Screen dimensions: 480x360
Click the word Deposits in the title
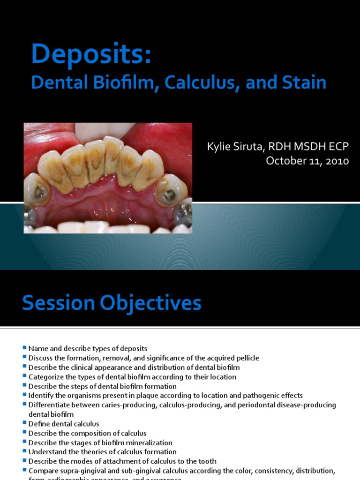[x=91, y=54]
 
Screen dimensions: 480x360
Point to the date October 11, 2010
[x=307, y=161]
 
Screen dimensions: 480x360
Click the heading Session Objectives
[x=112, y=303]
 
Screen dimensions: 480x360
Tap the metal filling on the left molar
[x=39, y=192]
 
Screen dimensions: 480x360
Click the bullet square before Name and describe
[x=24, y=348]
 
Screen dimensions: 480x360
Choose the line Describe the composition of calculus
[x=87, y=433]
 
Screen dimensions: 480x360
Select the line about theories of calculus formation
[x=102, y=452]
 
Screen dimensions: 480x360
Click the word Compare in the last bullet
[x=43, y=471]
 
